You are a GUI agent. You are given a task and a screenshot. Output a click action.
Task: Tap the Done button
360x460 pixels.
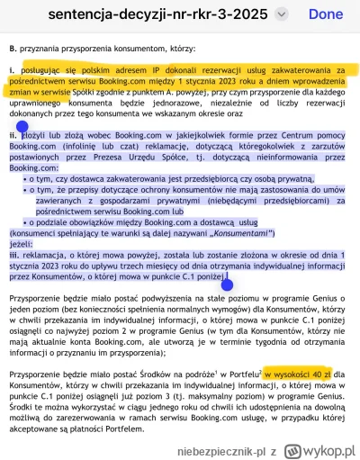coord(325,15)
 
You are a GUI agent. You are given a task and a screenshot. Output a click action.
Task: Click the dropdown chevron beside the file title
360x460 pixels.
coord(282,15)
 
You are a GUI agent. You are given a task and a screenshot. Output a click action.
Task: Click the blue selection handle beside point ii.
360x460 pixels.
coord(12,130)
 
